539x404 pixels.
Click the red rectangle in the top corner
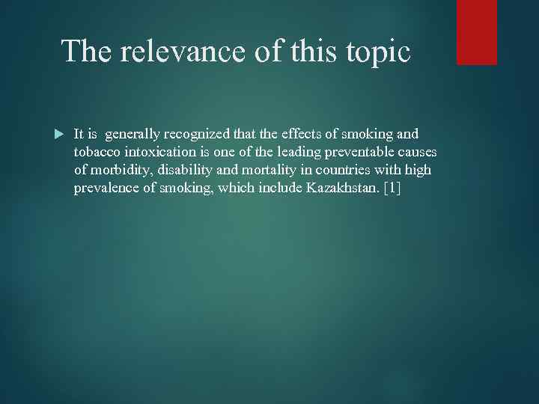(x=477, y=32)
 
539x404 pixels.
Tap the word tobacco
(x=97, y=152)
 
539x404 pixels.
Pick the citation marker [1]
(x=392, y=188)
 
